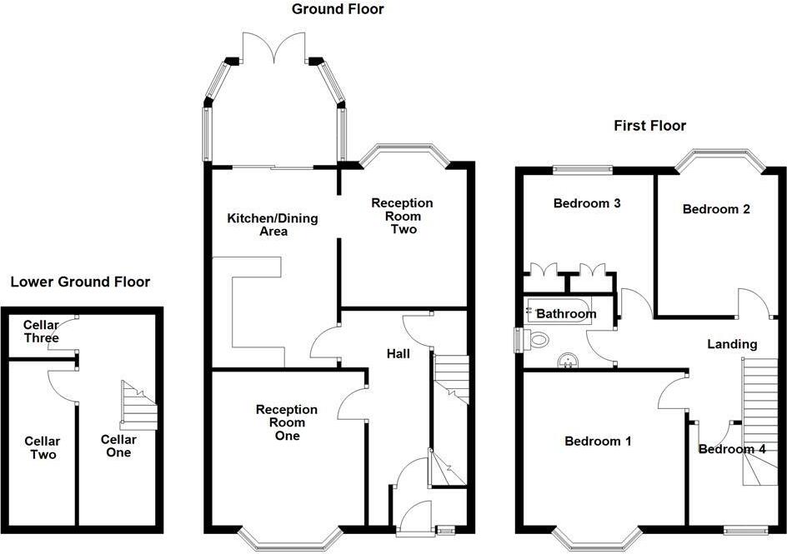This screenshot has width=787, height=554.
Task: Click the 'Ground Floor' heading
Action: coord(338,9)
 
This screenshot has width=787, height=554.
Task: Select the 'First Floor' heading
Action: coord(649,126)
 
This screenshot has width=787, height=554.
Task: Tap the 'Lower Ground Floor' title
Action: coord(80,282)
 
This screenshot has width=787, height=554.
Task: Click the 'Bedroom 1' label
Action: coord(598,441)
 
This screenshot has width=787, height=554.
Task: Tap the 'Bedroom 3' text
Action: coord(587,202)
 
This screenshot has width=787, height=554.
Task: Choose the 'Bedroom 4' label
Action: coord(731,450)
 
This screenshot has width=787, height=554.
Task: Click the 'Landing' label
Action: coord(732,343)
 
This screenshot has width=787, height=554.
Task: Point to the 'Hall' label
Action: coord(398,354)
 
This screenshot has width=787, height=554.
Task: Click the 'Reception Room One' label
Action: coord(287,422)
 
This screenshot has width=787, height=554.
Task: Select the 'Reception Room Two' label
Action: coord(402,216)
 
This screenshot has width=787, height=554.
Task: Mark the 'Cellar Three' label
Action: coord(41,332)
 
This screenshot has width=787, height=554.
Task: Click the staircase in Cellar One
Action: coord(139,405)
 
